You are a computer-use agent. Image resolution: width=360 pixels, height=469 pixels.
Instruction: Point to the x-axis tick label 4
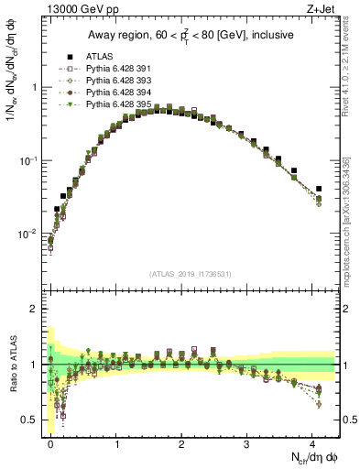pyautogui.click(x=314, y=442)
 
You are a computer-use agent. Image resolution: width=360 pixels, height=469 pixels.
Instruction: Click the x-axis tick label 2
pyautogui.click(x=182, y=442)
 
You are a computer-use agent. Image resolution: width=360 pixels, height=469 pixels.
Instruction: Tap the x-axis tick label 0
pyautogui.click(x=50, y=442)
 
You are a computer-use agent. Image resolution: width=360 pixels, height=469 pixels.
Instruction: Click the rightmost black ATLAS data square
pyautogui.click(x=318, y=189)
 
